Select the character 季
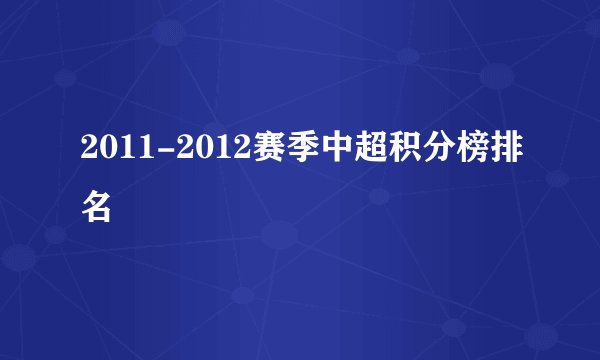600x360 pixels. pos(296,154)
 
